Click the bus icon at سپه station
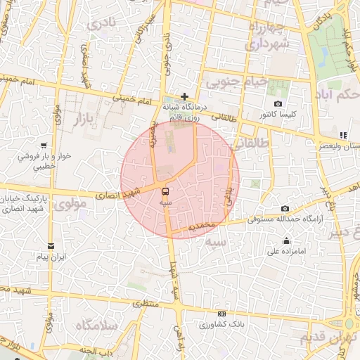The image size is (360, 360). [x=165, y=190]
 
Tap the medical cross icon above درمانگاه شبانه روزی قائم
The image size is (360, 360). [x=184, y=96]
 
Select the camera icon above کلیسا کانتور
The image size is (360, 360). [x=278, y=103]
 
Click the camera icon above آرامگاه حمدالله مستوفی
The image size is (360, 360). [x=285, y=209]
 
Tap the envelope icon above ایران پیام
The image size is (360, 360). [x=51, y=245]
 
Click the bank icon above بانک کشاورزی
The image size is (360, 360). [x=222, y=314]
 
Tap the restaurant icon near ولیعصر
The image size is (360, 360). [x=342, y=134]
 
